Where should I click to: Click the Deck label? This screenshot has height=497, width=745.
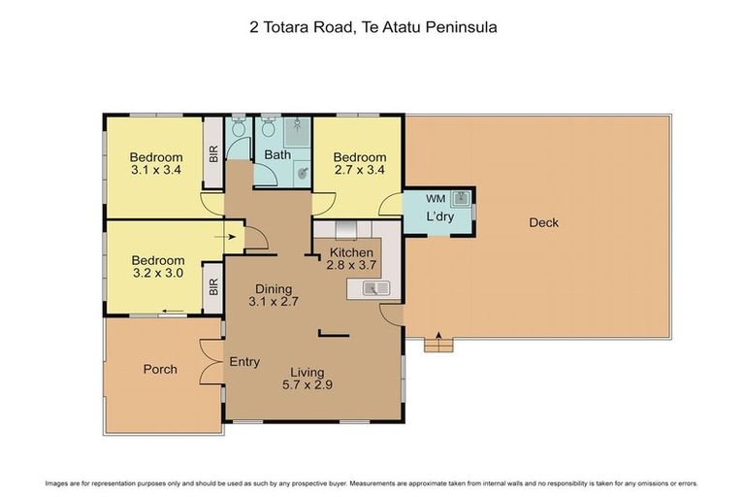click(x=543, y=223)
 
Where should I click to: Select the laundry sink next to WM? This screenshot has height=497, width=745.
click(x=462, y=199)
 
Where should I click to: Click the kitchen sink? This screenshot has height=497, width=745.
click(x=374, y=286)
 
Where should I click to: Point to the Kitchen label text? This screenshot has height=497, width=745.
click(x=351, y=252)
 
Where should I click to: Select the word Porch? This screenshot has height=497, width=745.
click(x=160, y=369)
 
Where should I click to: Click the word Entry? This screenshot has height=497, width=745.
click(x=244, y=362)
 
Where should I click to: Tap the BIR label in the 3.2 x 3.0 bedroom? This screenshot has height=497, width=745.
click(x=213, y=287)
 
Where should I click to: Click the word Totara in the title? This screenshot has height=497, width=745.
click(x=299, y=28)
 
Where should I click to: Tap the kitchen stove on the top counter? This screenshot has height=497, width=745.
click(x=344, y=230)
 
